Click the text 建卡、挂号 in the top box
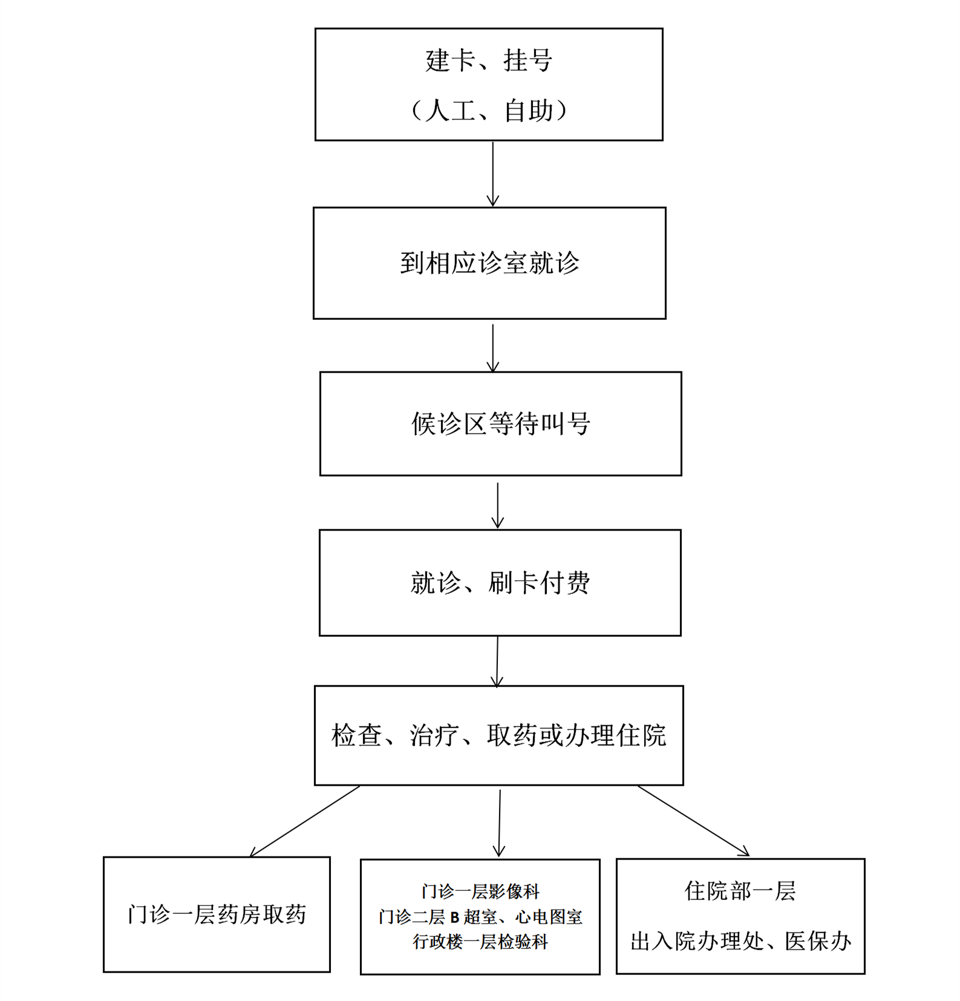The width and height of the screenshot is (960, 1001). [x=489, y=60]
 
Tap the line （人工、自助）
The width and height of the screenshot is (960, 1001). [x=489, y=111]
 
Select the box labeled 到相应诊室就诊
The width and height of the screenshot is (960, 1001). [x=489, y=263]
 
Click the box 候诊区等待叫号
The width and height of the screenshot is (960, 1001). [x=501, y=423]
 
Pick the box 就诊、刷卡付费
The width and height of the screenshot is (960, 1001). [x=500, y=582]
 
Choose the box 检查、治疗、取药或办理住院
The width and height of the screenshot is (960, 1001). [x=499, y=735]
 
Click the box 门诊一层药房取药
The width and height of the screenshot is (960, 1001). [x=217, y=914]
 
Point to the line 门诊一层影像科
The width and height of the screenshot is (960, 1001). [x=480, y=891]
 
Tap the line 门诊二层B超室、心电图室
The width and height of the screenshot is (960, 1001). [x=480, y=917]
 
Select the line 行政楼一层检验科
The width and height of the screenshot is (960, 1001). [x=480, y=942]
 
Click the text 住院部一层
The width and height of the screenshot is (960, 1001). [x=740, y=891]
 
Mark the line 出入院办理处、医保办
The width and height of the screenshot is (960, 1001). [x=740, y=941]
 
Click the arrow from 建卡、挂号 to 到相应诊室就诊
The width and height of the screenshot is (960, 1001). [x=493, y=174]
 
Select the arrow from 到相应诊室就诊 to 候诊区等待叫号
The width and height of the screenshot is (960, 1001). [x=493, y=348]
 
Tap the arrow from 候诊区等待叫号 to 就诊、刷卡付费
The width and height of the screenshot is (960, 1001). [x=498, y=506]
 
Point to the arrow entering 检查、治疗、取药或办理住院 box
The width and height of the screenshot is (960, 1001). [x=497, y=662]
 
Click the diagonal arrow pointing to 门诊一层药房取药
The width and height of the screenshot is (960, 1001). [x=305, y=821]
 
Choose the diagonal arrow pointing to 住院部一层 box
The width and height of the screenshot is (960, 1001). [x=694, y=821]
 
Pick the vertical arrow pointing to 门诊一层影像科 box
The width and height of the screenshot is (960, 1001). [x=500, y=823]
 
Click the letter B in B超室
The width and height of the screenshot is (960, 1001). [x=455, y=918]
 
